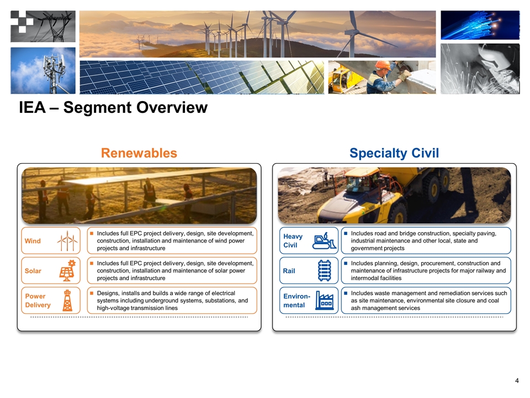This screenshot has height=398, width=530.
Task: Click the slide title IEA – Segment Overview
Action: [x=113, y=107]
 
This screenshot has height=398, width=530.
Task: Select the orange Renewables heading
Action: [x=139, y=153]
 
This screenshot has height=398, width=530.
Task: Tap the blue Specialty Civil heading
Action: [x=394, y=153]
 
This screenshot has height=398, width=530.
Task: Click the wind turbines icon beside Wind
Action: [x=67, y=240]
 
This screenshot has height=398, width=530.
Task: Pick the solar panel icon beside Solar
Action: [x=68, y=270]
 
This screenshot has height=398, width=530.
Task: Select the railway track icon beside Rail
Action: [x=325, y=271]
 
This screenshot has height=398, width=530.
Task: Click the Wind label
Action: [x=33, y=241]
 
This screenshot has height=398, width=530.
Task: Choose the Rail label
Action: [x=289, y=271]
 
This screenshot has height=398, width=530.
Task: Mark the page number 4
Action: [x=517, y=381]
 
